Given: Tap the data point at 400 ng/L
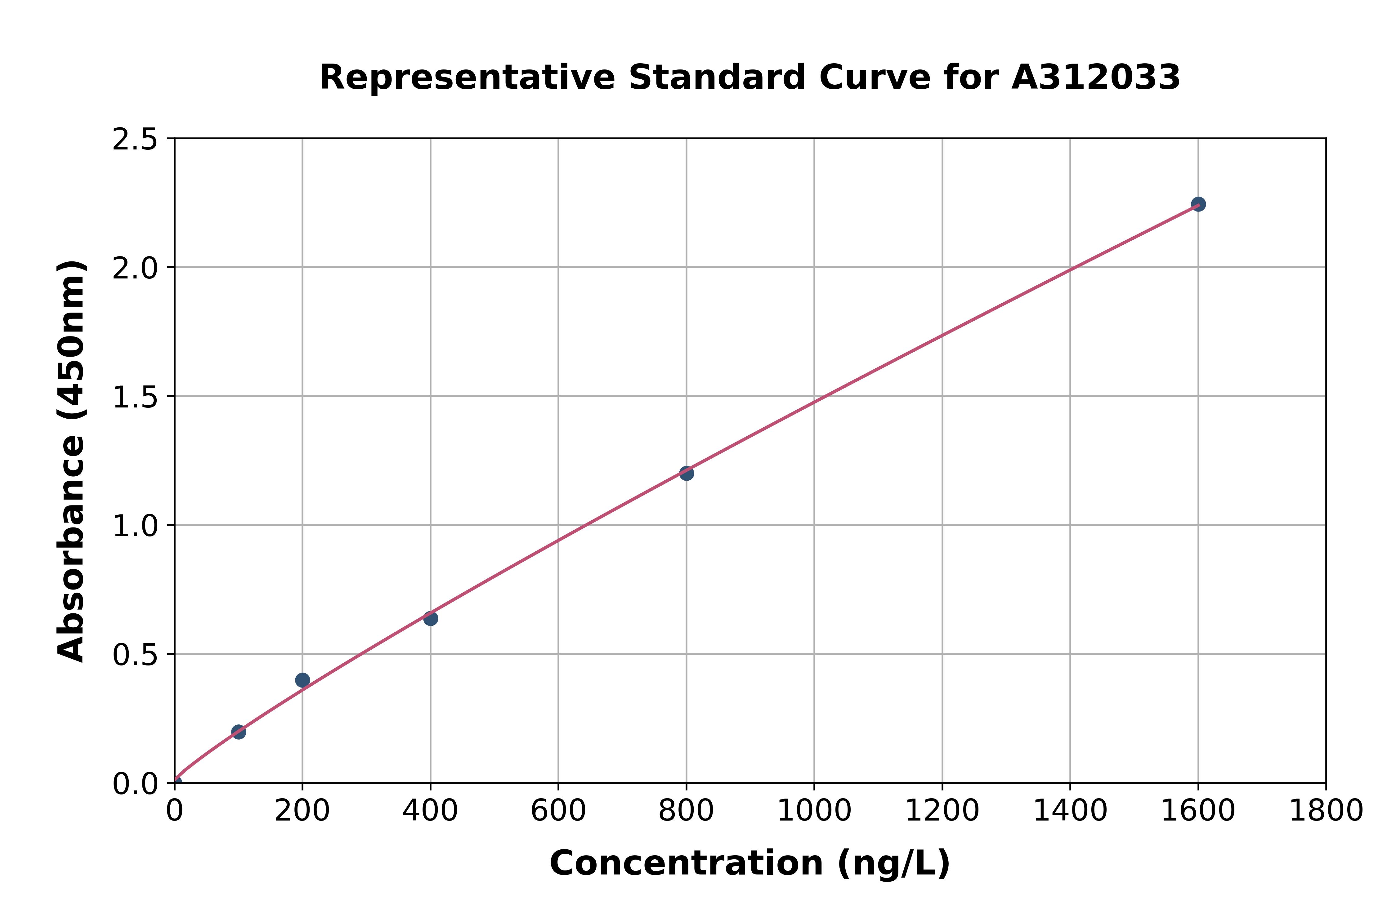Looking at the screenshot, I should pyautogui.click(x=431, y=619).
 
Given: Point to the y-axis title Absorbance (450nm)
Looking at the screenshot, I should pyautogui.click(x=72, y=461).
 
